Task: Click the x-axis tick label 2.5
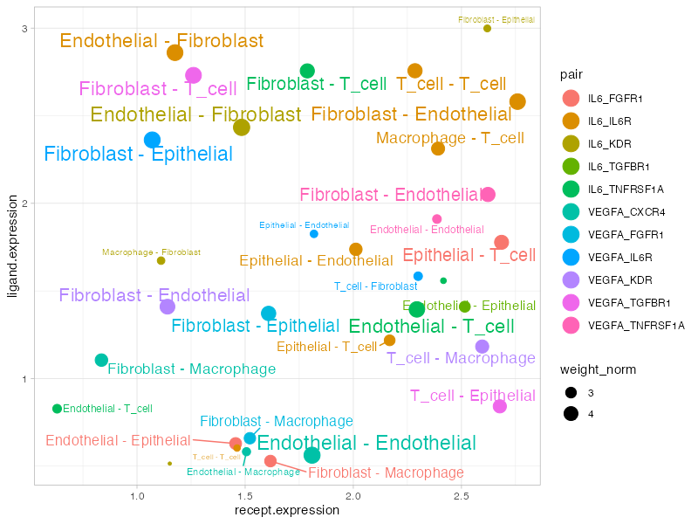tap(461, 497)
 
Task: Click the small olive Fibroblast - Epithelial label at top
tap(496, 19)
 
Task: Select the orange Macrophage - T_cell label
tap(449, 138)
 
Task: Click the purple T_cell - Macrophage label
tap(461, 358)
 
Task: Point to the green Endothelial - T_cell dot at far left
tap(58, 409)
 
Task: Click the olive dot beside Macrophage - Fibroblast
tap(161, 260)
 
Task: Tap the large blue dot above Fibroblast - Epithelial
tap(153, 140)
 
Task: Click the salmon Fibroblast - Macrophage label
tap(386, 472)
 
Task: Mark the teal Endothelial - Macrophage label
tap(243, 472)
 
